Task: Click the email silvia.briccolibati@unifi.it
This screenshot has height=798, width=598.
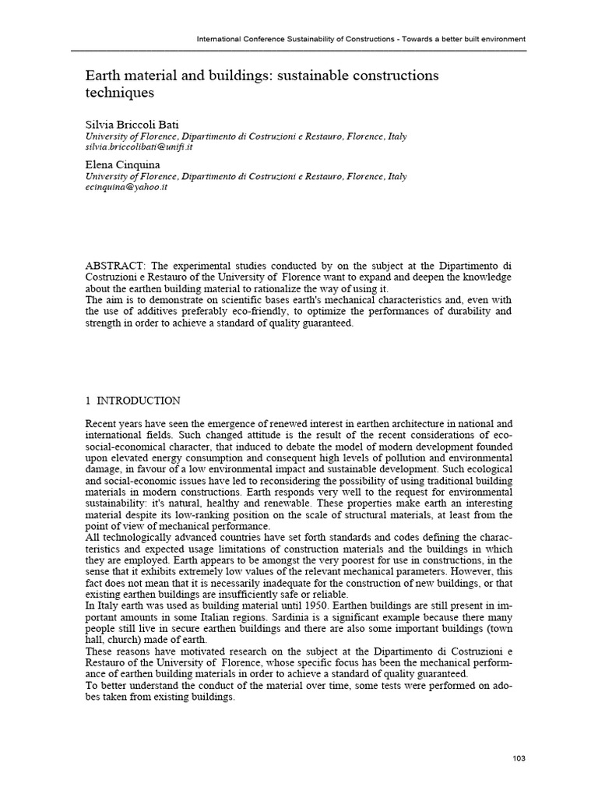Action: click(139, 147)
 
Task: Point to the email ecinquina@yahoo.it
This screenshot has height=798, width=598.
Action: click(126, 188)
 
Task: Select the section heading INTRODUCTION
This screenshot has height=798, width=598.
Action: click(137, 401)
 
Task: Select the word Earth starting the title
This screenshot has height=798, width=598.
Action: click(102, 76)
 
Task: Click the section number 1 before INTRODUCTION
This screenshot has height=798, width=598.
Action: click(88, 401)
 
